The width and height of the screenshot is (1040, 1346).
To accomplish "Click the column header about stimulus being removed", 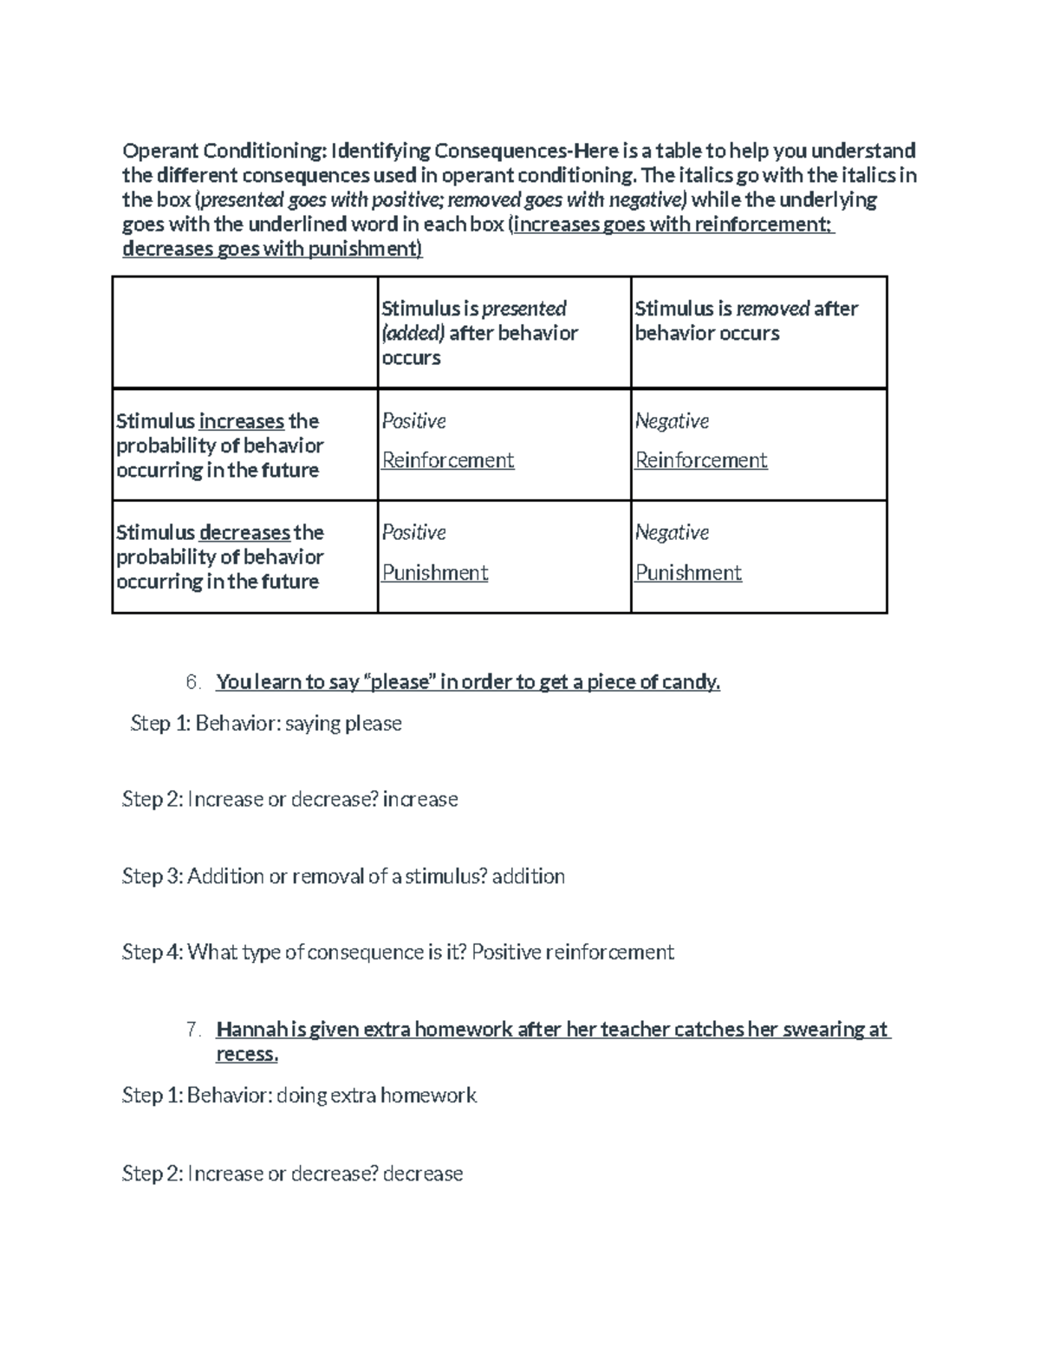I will (x=746, y=321).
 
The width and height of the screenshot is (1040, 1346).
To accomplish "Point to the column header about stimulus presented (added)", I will (x=479, y=333).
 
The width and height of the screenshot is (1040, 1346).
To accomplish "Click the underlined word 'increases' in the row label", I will (x=242, y=421).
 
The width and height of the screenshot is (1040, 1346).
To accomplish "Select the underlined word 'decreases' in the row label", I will (x=244, y=532).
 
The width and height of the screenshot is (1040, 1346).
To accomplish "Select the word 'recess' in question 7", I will (x=246, y=1054).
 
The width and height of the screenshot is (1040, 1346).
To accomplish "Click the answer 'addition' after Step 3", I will (x=529, y=876).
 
